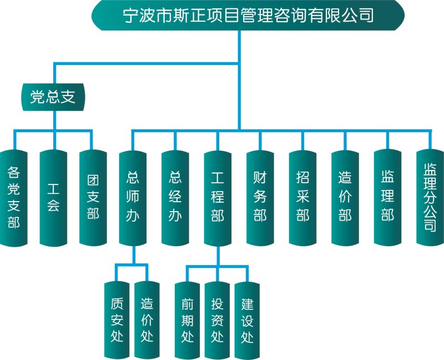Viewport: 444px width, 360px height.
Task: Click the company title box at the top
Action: pos(248,15)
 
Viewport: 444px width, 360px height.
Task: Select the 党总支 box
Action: pos(54,97)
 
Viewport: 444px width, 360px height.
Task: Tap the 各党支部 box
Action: pos(14,197)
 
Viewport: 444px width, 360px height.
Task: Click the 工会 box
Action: pos(54,197)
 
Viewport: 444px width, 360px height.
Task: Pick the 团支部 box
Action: pos(93,197)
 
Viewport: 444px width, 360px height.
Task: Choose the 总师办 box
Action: pos(133,197)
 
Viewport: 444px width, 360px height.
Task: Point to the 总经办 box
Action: pos(175,197)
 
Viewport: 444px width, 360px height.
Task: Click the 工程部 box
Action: pos(218,197)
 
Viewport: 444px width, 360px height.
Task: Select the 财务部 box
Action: pos(260,197)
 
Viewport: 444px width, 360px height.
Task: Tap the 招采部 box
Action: pos(302,197)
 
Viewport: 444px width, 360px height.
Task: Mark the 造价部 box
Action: pos(345,197)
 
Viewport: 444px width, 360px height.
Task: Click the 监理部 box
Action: pos(387,197)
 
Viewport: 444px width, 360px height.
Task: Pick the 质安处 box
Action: pos(117,319)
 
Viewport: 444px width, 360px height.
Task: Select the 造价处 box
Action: pos(147,319)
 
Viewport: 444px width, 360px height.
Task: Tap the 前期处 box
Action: pos(188,319)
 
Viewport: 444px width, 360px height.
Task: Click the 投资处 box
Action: pos(218,319)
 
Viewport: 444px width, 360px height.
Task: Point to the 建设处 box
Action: pos(248,319)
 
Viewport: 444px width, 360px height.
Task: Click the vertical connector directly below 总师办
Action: pos(133,255)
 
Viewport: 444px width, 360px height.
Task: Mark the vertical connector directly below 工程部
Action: pos(218,255)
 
